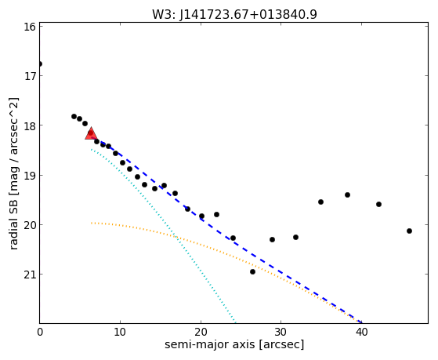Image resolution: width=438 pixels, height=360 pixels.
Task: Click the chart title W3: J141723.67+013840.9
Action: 234,14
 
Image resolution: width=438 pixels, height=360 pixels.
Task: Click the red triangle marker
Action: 91,133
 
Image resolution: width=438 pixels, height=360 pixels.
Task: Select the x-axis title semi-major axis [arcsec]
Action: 234,344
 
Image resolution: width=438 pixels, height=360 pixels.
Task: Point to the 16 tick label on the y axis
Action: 30,27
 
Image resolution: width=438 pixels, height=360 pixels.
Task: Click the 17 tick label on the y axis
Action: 30,76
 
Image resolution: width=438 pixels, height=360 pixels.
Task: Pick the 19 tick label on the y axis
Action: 30,176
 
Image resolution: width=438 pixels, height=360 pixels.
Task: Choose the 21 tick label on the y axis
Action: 30,275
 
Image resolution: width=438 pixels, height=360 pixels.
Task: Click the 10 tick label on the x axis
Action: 120,332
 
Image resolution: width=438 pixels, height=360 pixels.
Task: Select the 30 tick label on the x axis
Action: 281,332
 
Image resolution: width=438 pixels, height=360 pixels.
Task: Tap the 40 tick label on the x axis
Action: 361,332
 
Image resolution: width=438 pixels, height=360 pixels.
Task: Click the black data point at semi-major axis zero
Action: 40,64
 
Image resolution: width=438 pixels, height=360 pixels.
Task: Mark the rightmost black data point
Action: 410,231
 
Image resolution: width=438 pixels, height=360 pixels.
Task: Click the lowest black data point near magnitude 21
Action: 253,272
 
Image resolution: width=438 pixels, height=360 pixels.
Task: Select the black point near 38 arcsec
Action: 347,195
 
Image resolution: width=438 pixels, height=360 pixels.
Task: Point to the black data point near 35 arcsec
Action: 321,202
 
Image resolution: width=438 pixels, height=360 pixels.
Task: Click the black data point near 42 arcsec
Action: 378,205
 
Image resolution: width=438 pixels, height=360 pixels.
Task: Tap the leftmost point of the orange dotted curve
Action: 92,223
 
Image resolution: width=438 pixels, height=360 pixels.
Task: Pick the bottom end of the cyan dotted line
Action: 235,322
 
